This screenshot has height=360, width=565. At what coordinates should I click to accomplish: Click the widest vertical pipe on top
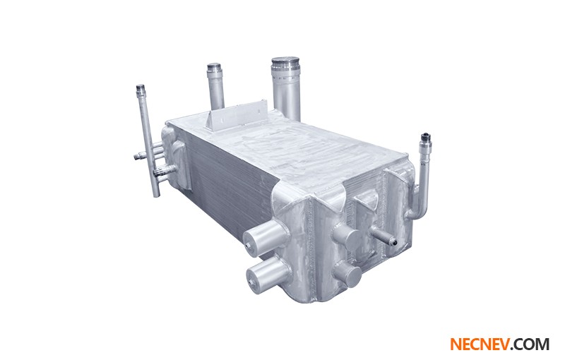286,88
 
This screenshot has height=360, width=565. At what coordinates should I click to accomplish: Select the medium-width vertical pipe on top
215,85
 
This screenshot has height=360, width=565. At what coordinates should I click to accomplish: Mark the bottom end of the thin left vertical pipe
155,193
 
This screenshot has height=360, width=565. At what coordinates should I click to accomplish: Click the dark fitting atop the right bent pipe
426,137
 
